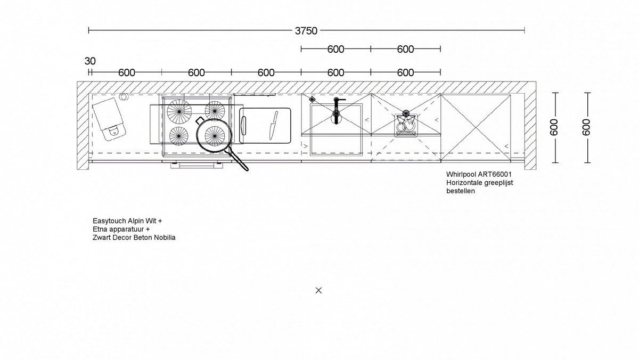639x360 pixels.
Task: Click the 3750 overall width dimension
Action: pyautogui.click(x=306, y=30)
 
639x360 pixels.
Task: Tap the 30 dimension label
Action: pyautogui.click(x=90, y=61)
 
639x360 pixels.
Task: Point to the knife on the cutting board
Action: pyautogui.click(x=274, y=125)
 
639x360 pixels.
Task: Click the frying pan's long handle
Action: pyautogui.click(x=237, y=160)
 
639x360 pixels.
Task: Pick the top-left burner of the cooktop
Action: pyautogui.click(x=179, y=112)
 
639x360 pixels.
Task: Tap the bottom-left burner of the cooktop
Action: pyautogui.click(x=178, y=136)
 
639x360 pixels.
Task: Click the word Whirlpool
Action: pyautogui.click(x=461, y=174)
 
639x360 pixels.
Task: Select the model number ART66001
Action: pyautogui.click(x=495, y=174)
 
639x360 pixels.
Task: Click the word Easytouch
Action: pyautogui.click(x=109, y=221)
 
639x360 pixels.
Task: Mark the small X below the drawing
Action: pyautogui.click(x=318, y=290)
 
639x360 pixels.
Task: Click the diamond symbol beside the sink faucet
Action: pyautogui.click(x=313, y=99)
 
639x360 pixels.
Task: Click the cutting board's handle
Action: pyautogui.click(x=243, y=126)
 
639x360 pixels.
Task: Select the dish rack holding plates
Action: pyautogui.click(x=406, y=125)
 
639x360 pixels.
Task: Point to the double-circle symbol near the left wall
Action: pyautogui.click(x=124, y=97)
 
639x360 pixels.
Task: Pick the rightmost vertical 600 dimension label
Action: pyautogui.click(x=586, y=127)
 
